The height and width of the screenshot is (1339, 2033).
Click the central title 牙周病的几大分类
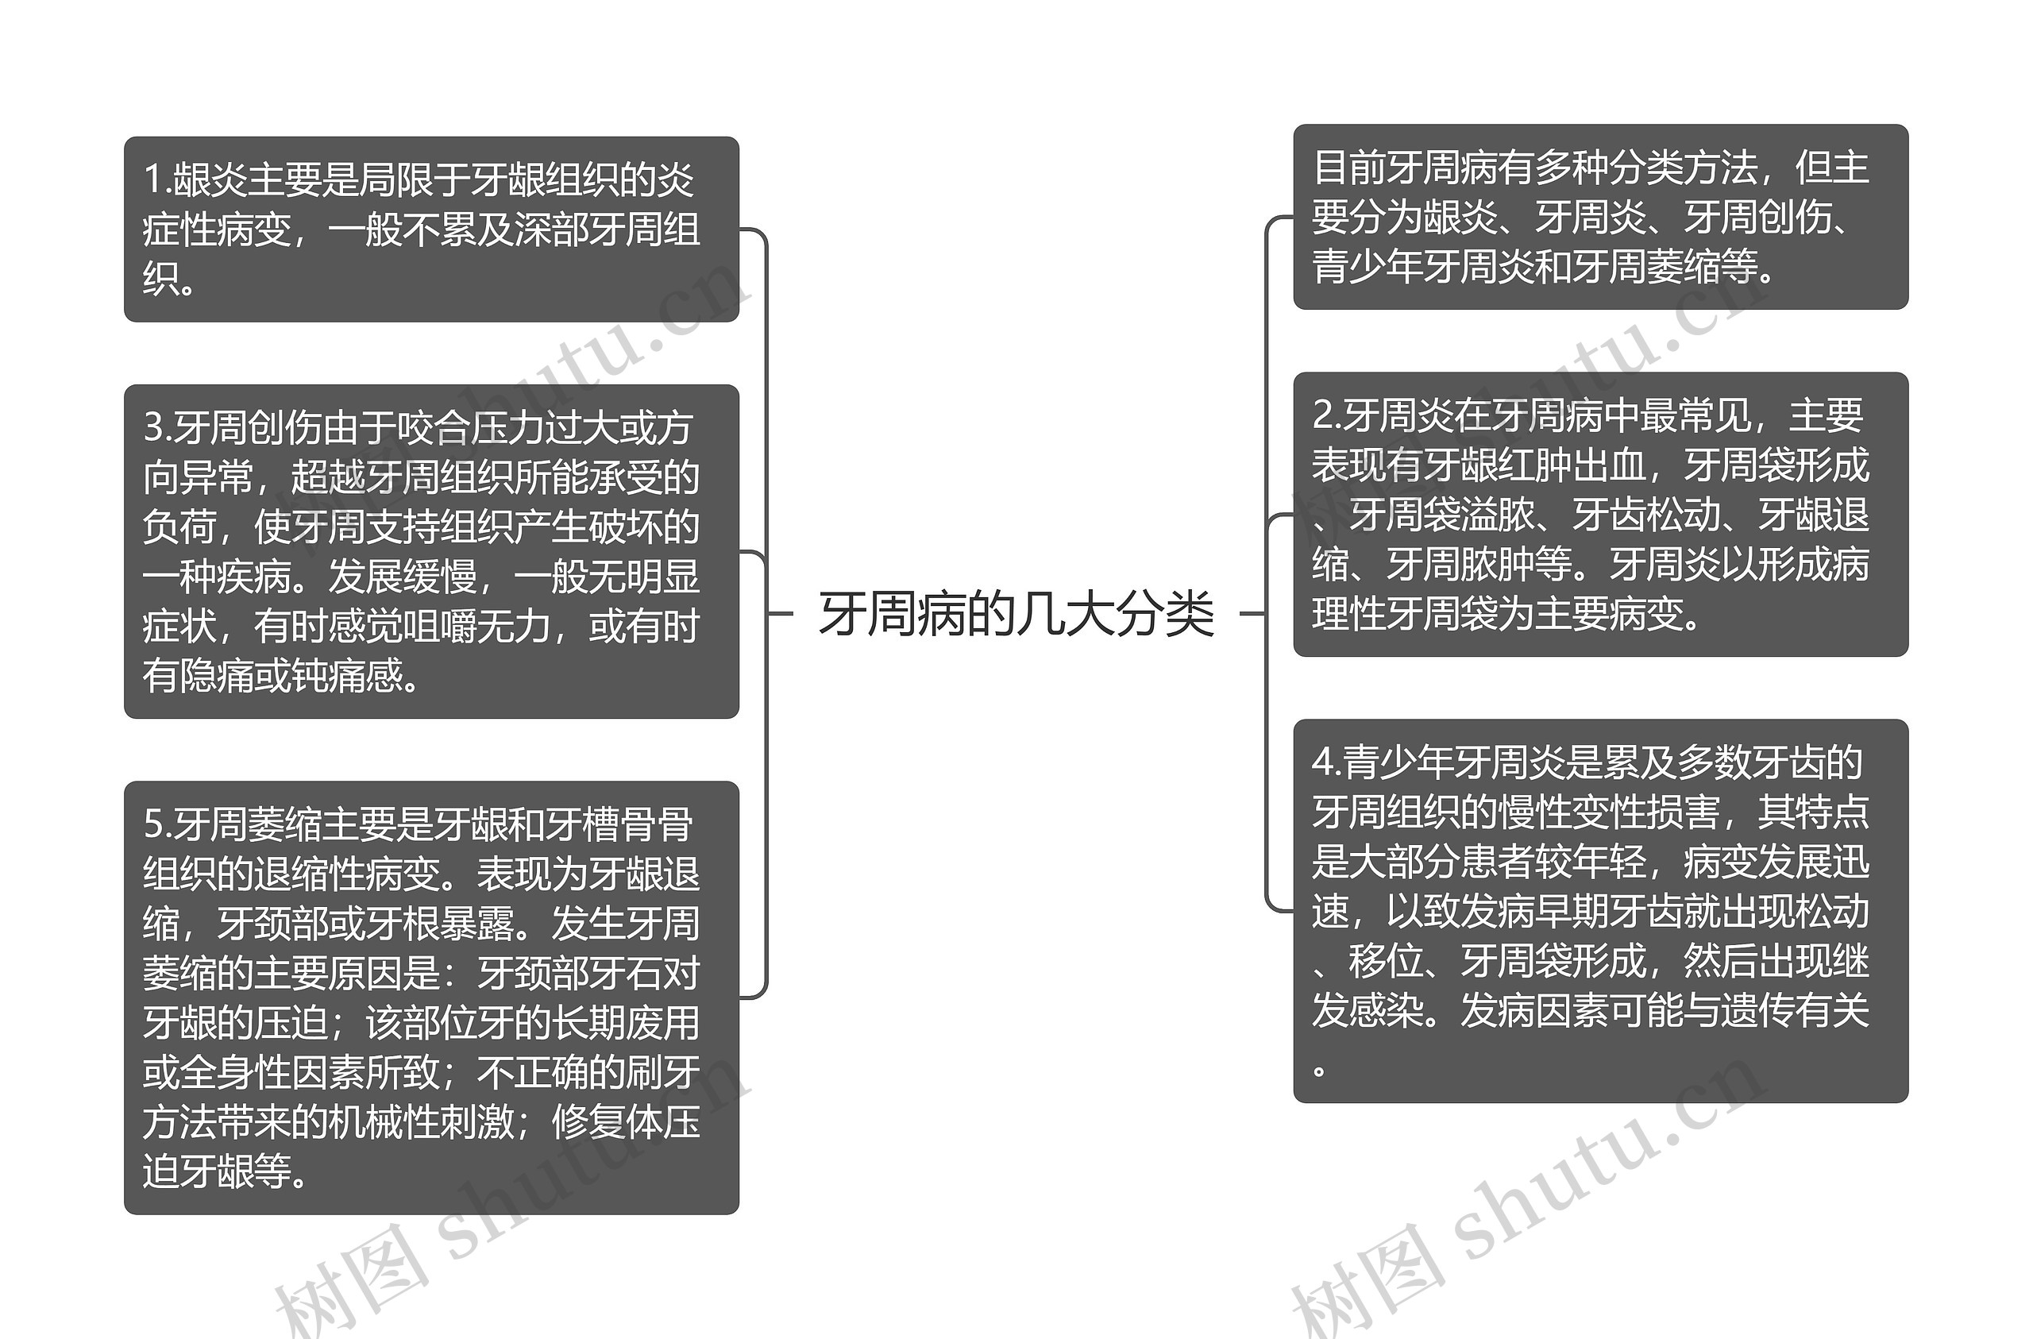click(x=1016, y=614)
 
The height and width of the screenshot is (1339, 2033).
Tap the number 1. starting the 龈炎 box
click(x=157, y=179)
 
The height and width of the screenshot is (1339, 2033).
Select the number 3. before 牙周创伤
click(x=158, y=427)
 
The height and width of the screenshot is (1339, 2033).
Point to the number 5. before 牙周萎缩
click(x=158, y=824)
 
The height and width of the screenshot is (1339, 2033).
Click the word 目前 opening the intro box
click(x=1349, y=168)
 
